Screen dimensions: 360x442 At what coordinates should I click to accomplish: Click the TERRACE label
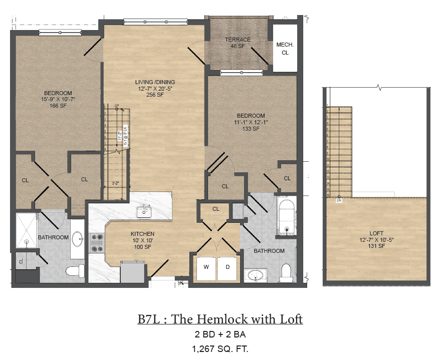click(238, 40)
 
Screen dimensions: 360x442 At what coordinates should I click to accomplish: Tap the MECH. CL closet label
click(285, 48)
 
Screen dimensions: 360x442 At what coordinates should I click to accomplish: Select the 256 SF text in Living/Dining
click(154, 95)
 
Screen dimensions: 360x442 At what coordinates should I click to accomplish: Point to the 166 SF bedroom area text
click(58, 106)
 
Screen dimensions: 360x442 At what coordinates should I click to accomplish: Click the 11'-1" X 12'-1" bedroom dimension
click(251, 122)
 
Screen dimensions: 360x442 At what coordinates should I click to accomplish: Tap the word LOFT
click(376, 233)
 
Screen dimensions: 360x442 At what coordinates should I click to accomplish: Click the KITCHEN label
click(142, 234)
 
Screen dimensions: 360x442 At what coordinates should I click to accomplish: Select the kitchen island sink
click(145, 211)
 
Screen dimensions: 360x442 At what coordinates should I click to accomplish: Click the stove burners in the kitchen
click(97, 242)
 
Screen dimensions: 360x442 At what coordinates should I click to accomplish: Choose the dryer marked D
click(227, 267)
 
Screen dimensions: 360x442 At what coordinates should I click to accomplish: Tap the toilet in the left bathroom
click(75, 271)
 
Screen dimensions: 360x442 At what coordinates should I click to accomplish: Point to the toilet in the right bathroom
click(286, 272)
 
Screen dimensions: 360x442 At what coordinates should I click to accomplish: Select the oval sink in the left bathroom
click(78, 239)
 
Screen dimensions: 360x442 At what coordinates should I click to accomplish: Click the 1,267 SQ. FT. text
click(220, 349)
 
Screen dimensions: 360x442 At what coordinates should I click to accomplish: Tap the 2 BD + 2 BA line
click(220, 334)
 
